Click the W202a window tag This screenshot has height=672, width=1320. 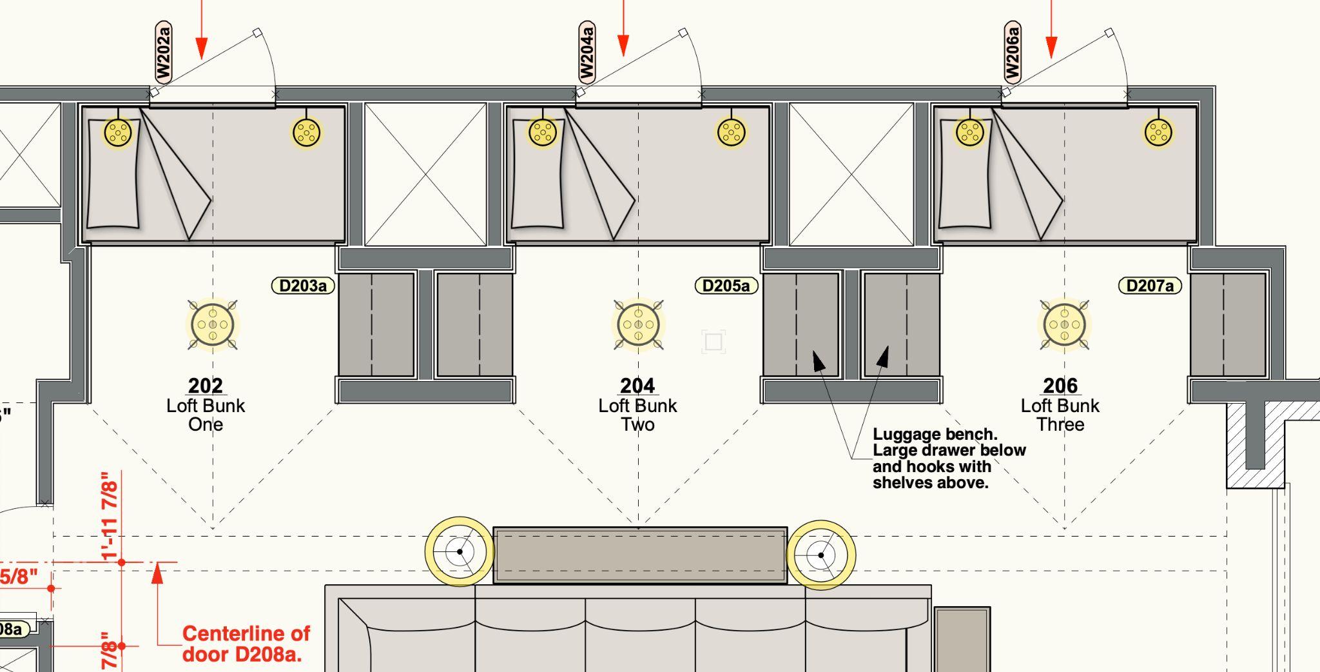coord(164,52)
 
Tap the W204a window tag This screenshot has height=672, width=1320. coord(587,52)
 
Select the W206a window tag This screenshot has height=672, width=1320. coord(1012,52)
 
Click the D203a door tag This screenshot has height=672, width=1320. coord(303,286)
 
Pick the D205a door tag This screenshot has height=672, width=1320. coord(726,286)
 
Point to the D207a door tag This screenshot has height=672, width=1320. coord(1150,286)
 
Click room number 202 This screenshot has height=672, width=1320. coord(206,386)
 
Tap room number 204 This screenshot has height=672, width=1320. coord(637,386)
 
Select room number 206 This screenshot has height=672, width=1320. coord(1060,386)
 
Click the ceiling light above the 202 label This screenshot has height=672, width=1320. coord(213,324)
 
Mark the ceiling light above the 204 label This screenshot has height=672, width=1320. coord(638,324)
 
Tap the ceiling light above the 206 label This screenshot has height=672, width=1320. coord(1064,324)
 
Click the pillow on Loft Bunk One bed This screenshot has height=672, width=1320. coord(113,174)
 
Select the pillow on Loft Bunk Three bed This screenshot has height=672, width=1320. coord(965,174)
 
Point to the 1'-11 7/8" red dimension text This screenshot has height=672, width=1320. coord(110,516)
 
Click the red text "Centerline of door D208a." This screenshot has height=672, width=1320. coord(246,644)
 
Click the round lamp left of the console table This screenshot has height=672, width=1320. coord(460,551)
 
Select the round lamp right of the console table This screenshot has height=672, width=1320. coord(821,555)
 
